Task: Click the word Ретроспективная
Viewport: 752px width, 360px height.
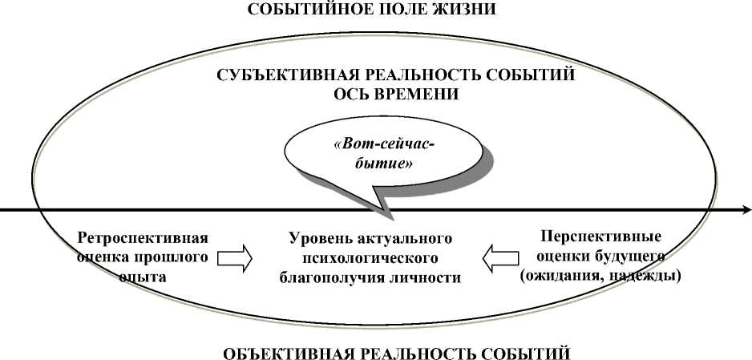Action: click(143, 238)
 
